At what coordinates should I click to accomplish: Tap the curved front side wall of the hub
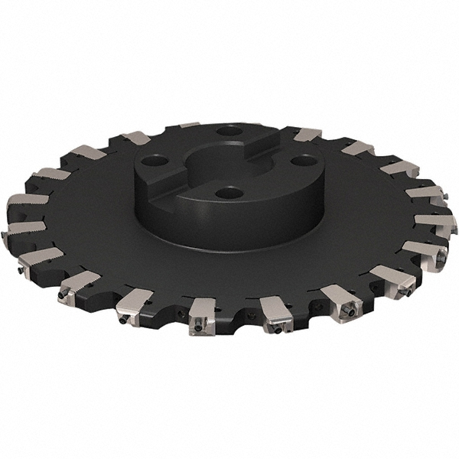[x=229, y=222]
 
